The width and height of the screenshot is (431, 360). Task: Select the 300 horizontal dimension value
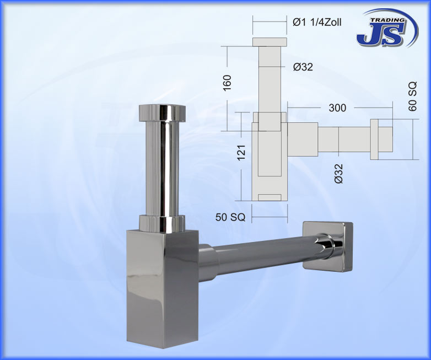337,108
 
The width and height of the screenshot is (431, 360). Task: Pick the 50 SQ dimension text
230,217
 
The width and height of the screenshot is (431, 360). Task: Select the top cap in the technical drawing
270,42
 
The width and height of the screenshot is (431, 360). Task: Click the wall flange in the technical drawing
374,137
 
